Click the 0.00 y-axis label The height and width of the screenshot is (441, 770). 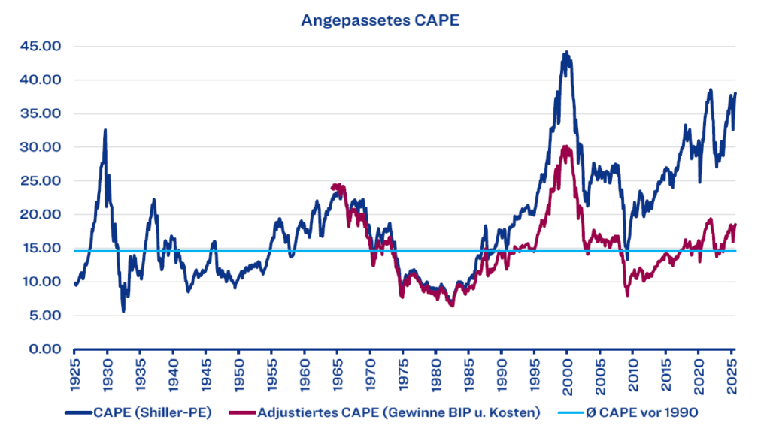45,349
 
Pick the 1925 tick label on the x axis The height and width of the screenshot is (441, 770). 74,374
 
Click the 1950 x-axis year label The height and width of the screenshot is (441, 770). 238,374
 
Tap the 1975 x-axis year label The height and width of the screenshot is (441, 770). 402,374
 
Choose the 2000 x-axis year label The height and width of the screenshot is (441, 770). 567,374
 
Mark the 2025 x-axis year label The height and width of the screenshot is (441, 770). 731,374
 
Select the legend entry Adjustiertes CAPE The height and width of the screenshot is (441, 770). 399,412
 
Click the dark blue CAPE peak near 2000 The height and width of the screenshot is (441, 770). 566,53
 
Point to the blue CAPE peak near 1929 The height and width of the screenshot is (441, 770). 105,130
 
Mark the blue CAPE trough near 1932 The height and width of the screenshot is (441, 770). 123,311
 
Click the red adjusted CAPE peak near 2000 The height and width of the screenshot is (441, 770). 566,146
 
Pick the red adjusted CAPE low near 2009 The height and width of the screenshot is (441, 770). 627,295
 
